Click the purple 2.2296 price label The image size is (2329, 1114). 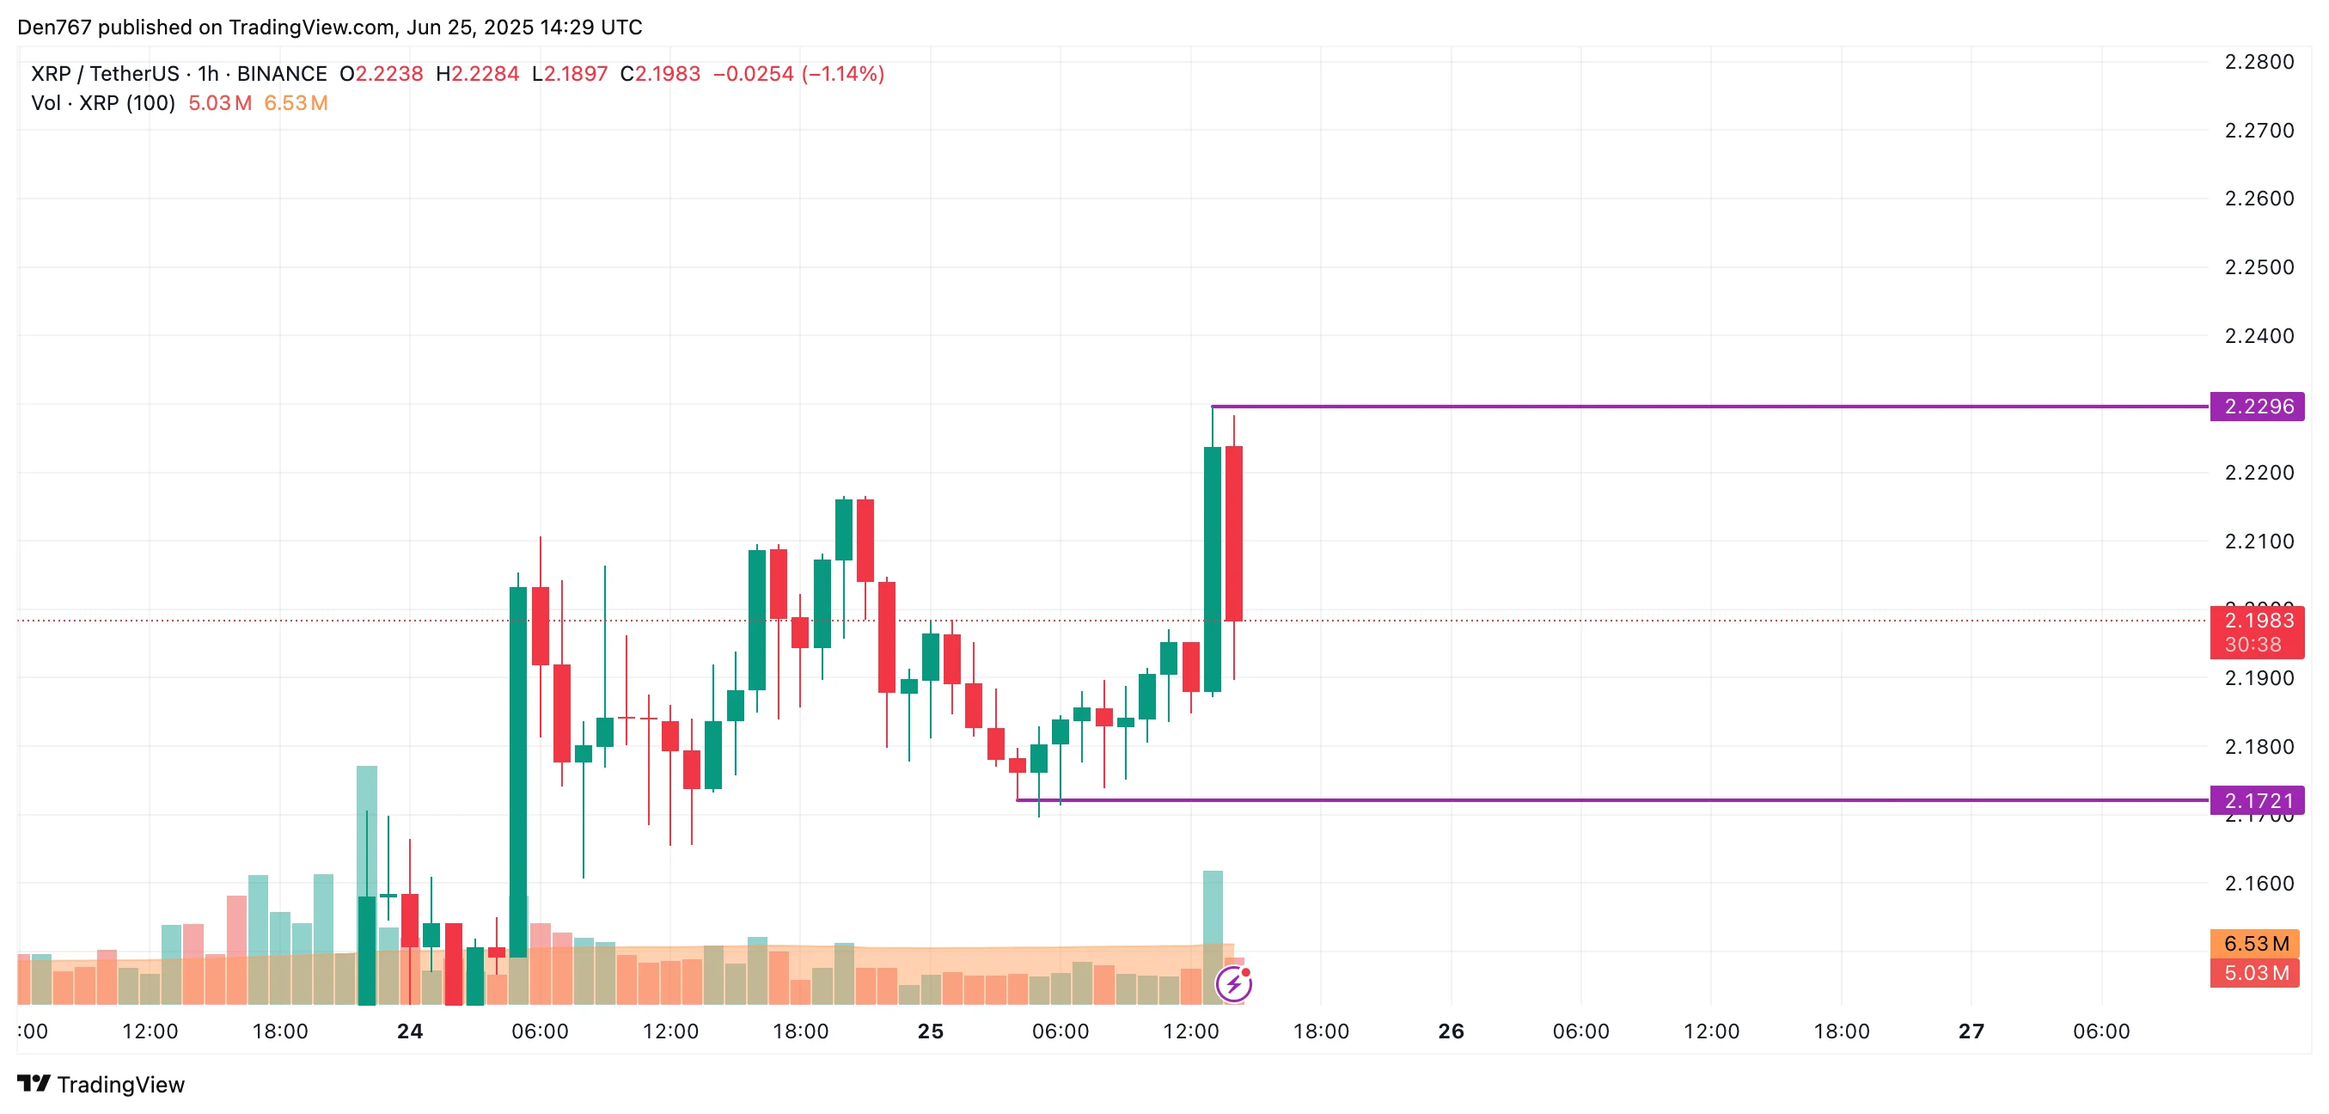[2257, 406]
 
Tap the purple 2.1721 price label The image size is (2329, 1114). [2257, 800]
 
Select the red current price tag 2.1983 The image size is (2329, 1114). [2257, 621]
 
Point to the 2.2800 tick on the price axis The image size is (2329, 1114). [2259, 63]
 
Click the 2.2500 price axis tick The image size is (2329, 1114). [2259, 267]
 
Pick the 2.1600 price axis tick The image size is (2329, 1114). [2259, 884]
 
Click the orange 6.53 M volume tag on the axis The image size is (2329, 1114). [2255, 944]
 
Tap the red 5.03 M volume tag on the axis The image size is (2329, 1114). [2255, 973]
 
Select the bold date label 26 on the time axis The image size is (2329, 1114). [1450, 1031]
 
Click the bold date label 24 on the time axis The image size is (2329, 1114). [410, 1031]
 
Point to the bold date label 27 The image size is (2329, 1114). [1971, 1031]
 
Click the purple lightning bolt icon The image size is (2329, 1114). [1233, 984]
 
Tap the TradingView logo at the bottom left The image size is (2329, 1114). [101, 1084]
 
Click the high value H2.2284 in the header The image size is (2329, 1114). [477, 74]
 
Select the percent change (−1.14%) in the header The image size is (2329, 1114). [842, 74]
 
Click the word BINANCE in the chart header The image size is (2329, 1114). [281, 74]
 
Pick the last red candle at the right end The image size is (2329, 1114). [1233, 534]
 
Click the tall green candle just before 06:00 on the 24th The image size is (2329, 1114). [518, 768]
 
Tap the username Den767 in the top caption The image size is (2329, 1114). [54, 28]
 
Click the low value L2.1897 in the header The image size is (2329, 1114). [570, 74]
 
